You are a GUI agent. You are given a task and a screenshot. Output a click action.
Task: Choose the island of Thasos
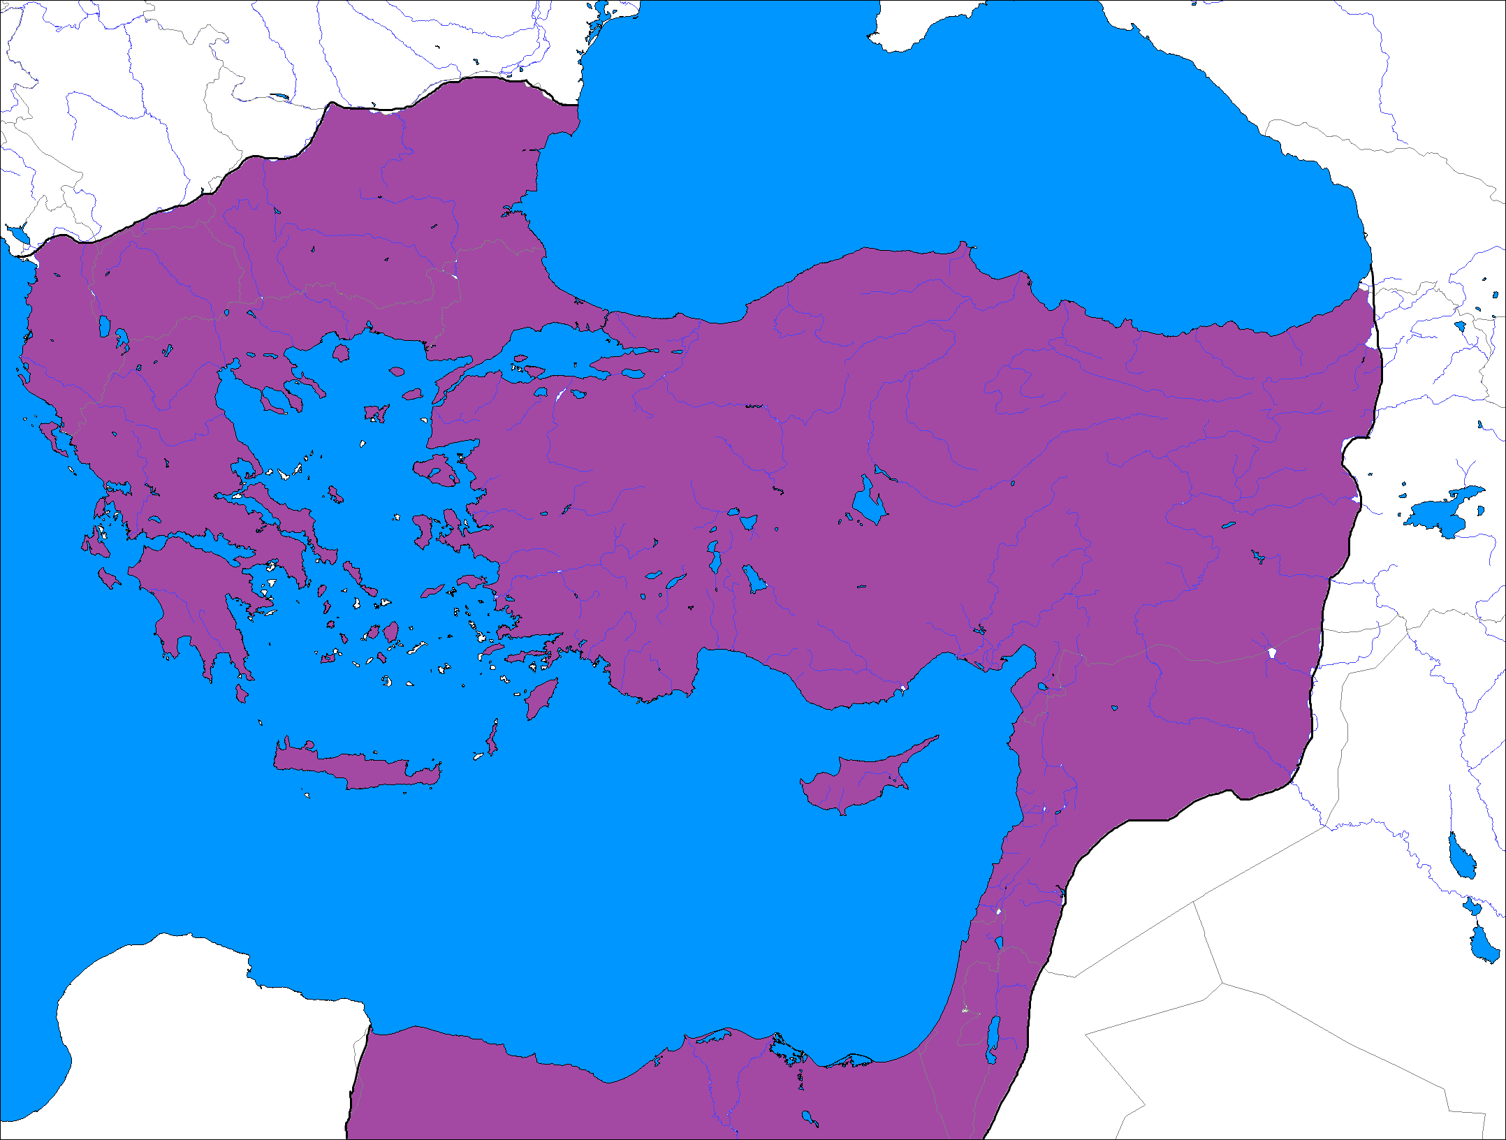(x=340, y=353)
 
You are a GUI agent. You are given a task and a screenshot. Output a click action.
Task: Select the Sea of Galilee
(x=999, y=943)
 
